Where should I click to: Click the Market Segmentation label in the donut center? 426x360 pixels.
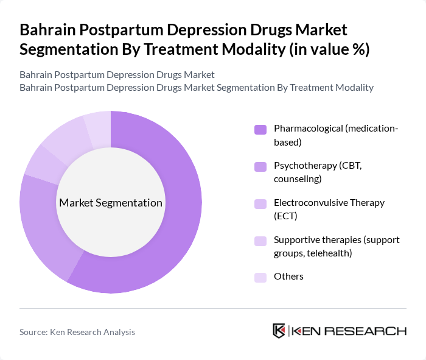110,203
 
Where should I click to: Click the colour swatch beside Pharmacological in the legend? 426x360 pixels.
260,129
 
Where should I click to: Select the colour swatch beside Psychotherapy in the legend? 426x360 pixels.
260,166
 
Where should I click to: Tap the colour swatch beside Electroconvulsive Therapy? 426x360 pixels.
260,203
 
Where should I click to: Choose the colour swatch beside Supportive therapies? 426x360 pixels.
260,241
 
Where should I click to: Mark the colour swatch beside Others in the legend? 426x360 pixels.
260,277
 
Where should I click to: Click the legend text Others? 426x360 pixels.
288,277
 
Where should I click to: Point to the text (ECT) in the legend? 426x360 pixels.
285,216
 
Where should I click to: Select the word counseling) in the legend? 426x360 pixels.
298,179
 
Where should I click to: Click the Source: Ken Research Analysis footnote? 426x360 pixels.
77,332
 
